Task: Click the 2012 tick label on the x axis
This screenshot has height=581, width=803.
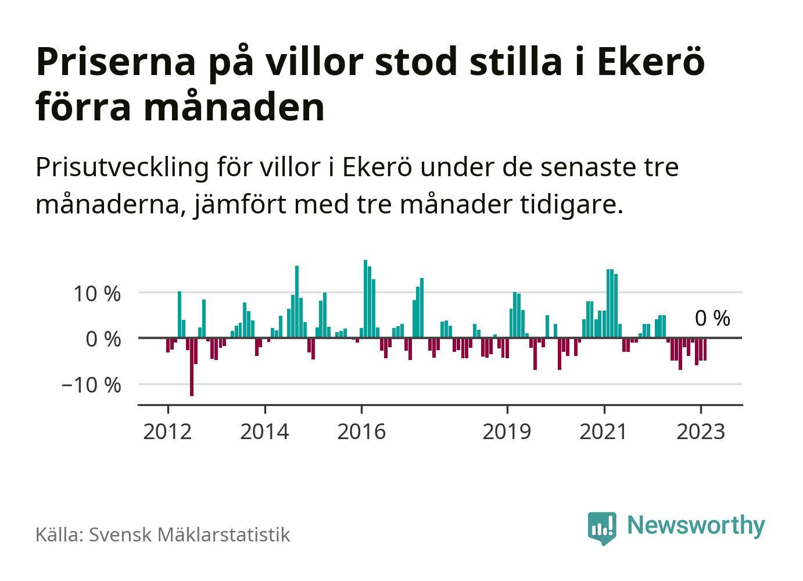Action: (x=167, y=432)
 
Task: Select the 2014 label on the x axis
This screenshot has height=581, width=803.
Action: (x=264, y=432)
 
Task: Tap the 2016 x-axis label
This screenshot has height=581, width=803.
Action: (x=361, y=432)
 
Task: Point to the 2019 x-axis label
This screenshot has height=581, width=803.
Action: (x=507, y=432)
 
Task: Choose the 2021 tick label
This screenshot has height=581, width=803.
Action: (x=604, y=432)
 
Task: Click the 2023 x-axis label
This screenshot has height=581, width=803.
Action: (x=701, y=432)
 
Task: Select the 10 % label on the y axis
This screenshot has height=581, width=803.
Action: (x=97, y=294)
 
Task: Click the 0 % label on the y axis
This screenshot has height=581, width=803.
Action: (x=103, y=339)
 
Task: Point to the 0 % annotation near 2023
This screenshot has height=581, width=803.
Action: (x=712, y=319)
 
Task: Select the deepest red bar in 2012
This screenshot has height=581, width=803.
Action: (x=192, y=367)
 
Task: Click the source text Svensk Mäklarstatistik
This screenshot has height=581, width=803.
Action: (x=189, y=534)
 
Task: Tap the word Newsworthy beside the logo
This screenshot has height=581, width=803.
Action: (x=696, y=525)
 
